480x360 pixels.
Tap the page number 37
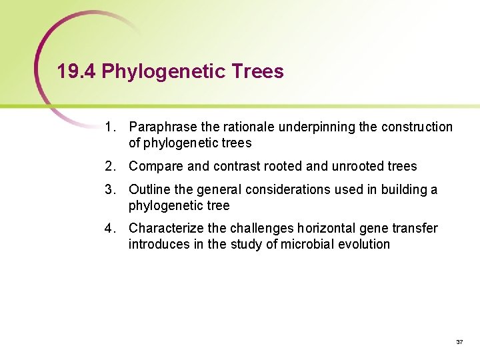click(x=459, y=341)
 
